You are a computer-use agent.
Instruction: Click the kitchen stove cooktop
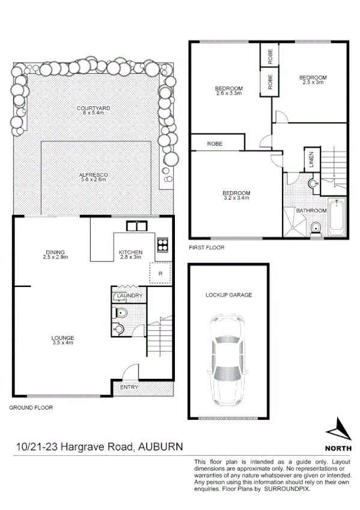tap(162, 244)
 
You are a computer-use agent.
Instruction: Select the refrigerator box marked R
tap(160, 273)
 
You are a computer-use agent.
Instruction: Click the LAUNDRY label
tap(130, 296)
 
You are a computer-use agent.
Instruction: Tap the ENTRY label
tap(129, 387)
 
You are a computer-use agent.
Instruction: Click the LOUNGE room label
tap(63, 340)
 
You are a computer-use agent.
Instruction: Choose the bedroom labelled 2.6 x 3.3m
tap(228, 91)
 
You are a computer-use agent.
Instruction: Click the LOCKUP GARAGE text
tap(228, 295)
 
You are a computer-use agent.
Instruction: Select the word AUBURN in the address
tap(160, 447)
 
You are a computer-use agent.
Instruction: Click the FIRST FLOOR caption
tap(206, 247)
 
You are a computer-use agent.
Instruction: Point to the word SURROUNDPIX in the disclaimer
tap(290, 489)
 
